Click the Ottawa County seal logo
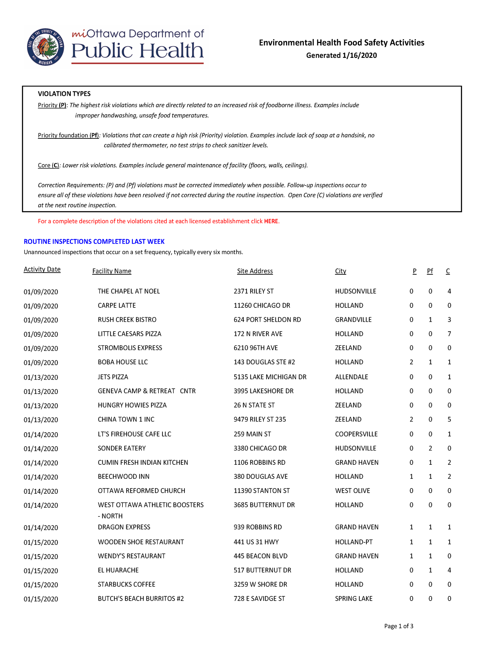tap(45, 47)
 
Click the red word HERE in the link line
tap(271, 221)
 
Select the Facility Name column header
tap(112, 271)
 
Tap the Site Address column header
tap(255, 271)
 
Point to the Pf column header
tap(430, 271)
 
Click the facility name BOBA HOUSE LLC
tap(123, 362)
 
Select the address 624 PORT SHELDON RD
tap(267, 320)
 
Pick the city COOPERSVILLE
tap(356, 434)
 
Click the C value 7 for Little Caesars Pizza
tap(449, 334)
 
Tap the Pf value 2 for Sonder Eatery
tap(430, 448)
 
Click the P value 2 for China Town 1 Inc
tap(412, 420)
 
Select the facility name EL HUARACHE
tap(118, 570)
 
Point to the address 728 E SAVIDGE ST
tap(259, 599)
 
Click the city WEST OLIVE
tap(352, 491)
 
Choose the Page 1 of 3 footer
tap(399, 626)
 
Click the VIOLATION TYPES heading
tap(64, 94)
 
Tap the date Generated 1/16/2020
tap(341, 56)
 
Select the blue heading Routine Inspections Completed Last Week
tap(94, 241)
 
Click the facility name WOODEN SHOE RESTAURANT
tap(141, 542)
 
